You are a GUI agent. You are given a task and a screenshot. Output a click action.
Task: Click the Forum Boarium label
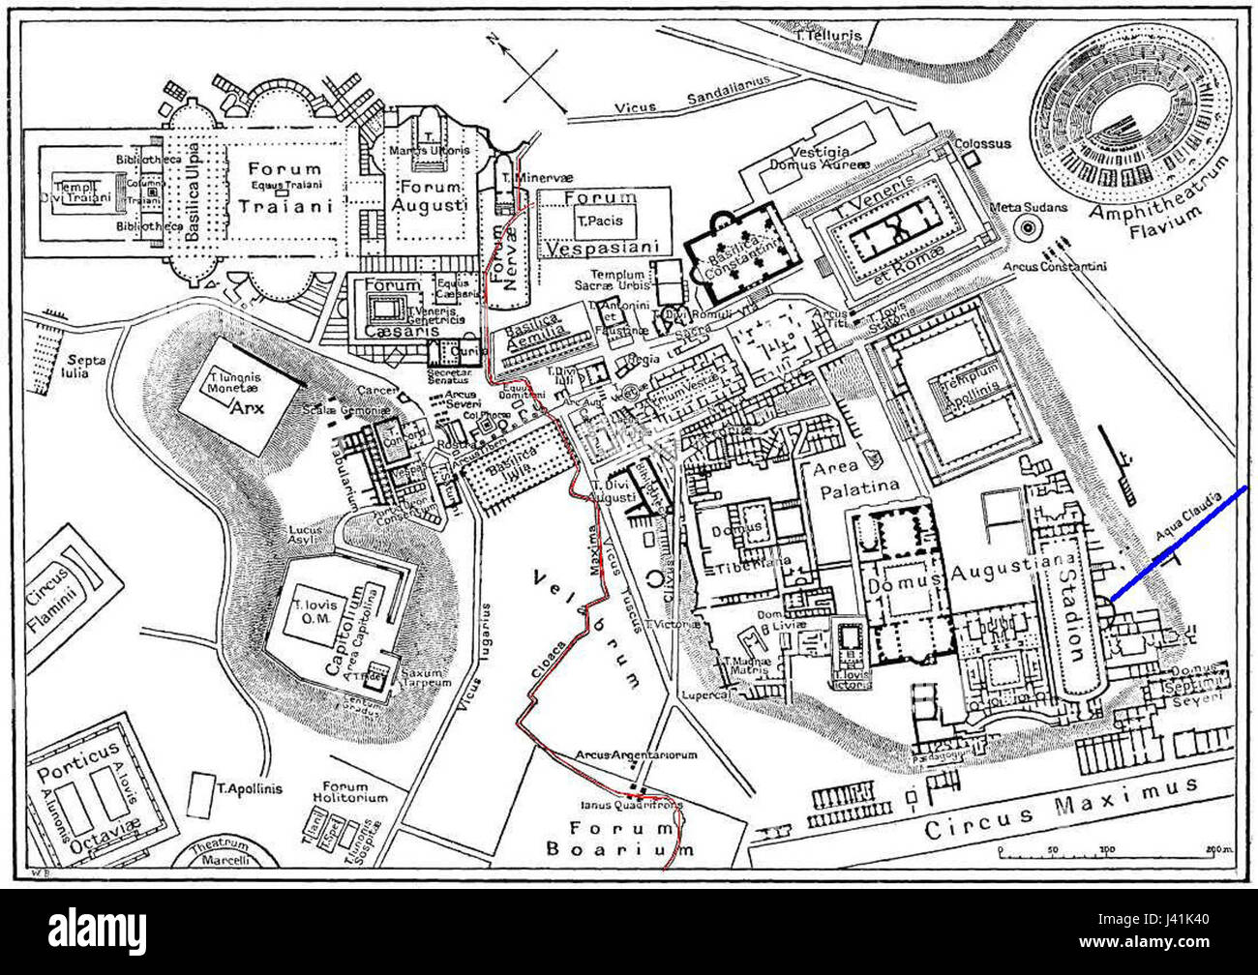click(x=619, y=839)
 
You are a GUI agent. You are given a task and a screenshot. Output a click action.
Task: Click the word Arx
click(x=245, y=407)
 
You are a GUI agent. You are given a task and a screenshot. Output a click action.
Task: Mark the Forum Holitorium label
click(x=355, y=792)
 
